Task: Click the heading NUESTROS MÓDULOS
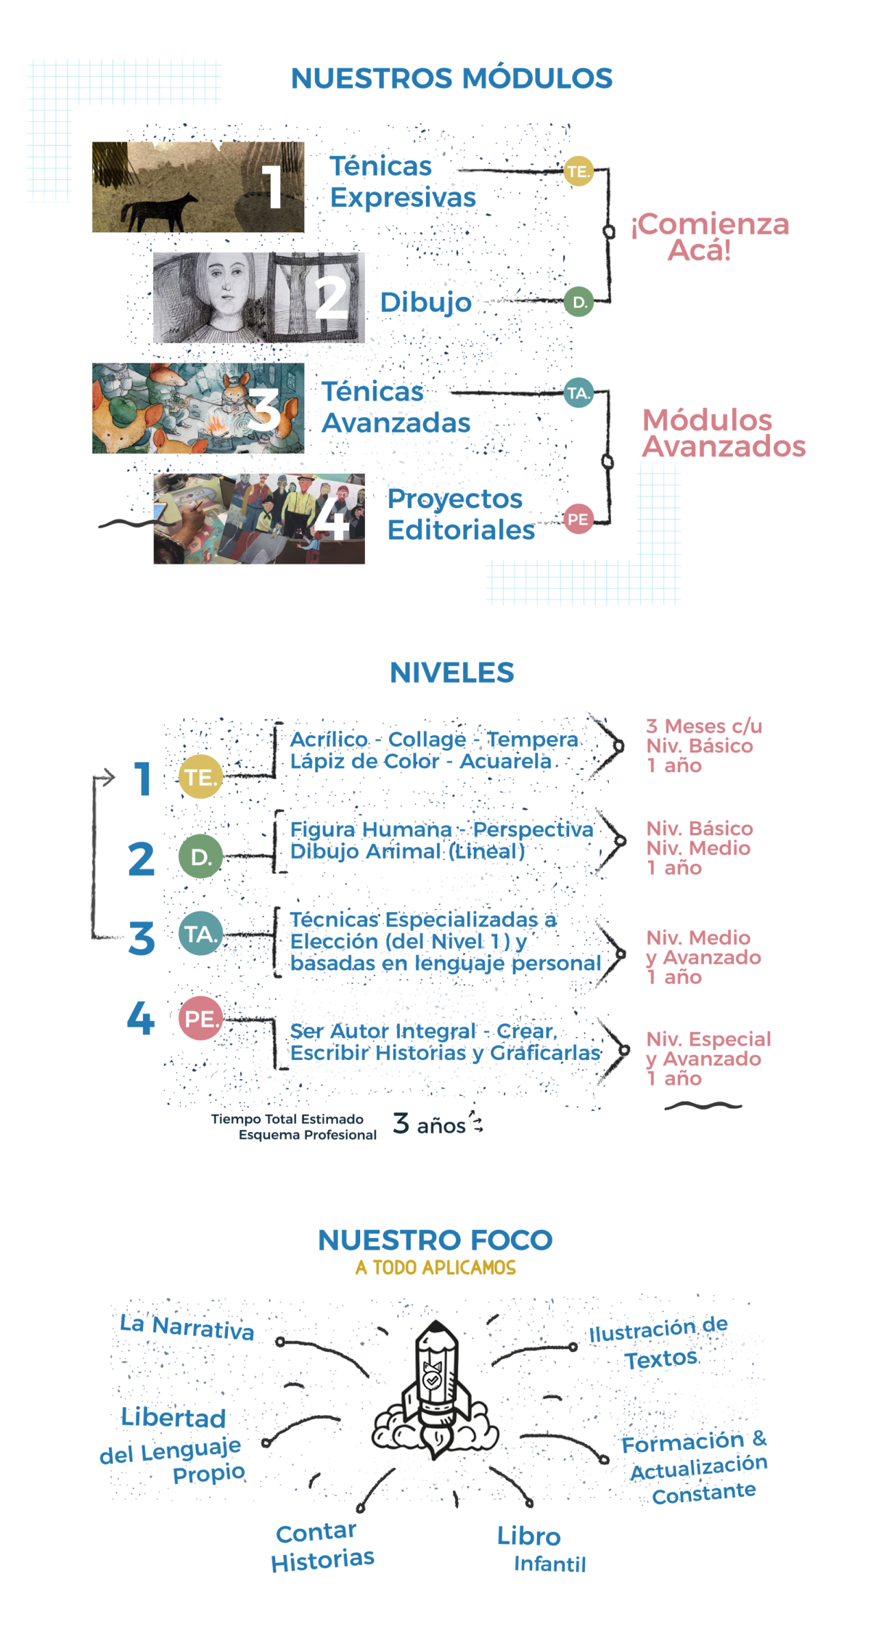451,78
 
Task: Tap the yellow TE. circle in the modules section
578,171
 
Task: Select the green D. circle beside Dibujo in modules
578,302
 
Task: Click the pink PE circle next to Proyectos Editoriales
578,519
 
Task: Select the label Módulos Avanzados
724,433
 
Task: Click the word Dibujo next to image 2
426,302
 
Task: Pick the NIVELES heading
451,673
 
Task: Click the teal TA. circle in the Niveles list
200,934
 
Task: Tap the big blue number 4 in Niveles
141,1018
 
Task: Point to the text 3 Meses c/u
704,726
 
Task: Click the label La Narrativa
187,1326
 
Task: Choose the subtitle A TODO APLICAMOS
435,1268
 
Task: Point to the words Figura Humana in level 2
371,829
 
